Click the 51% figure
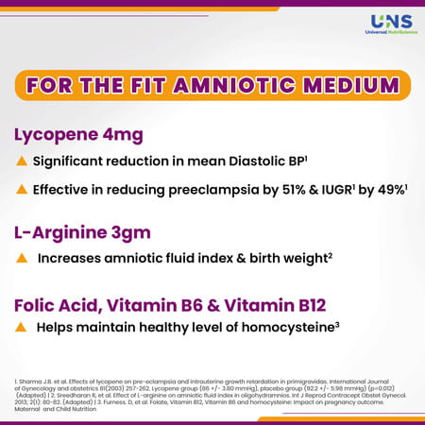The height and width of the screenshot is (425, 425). click(271, 190)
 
